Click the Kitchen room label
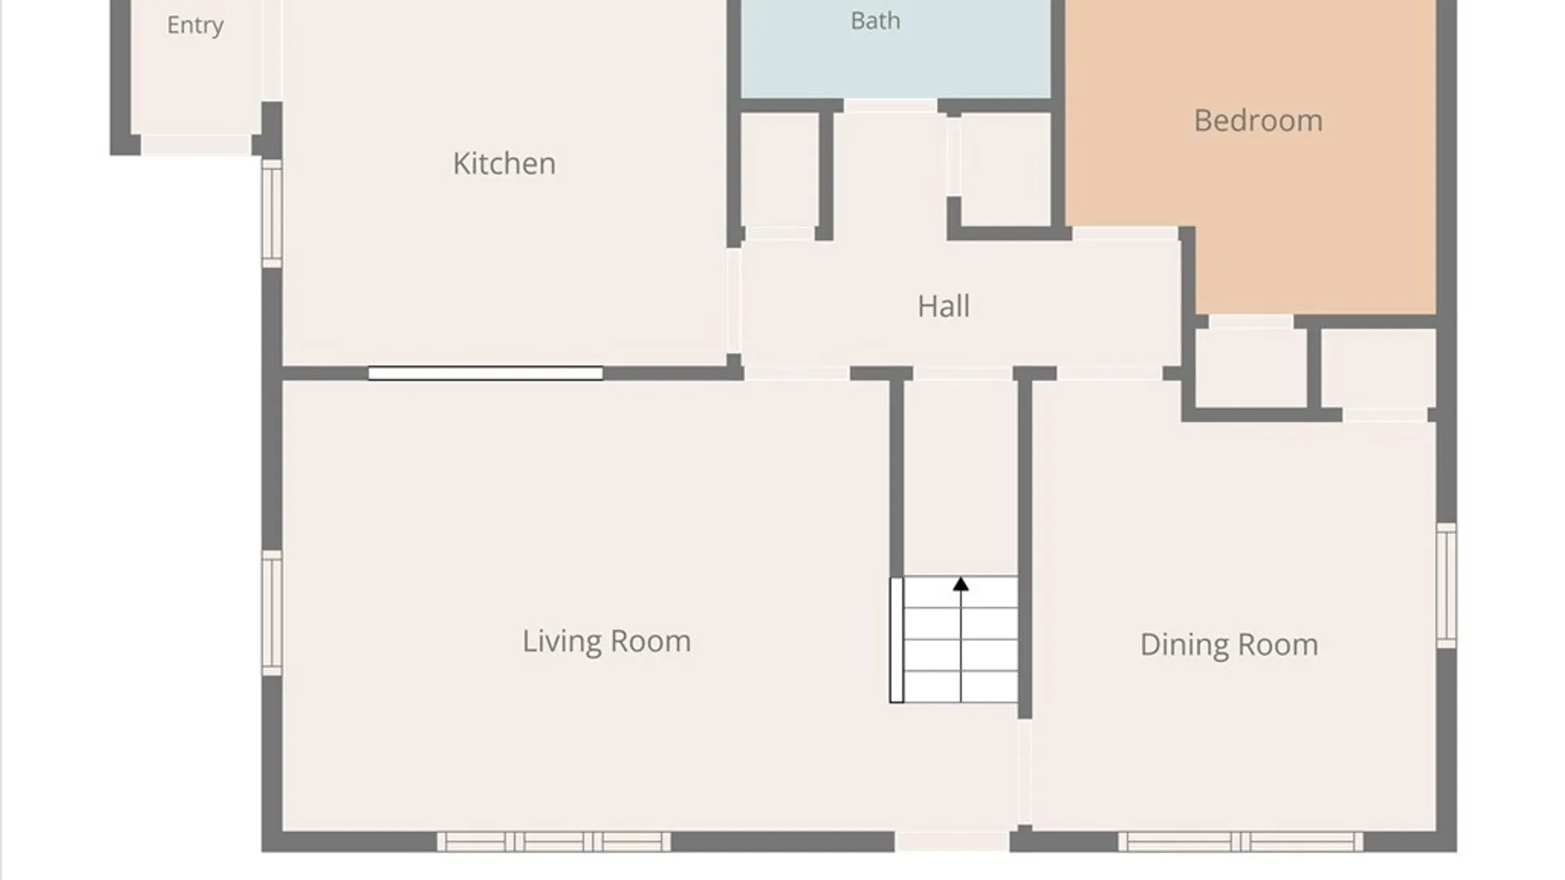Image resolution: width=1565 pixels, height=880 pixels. coord(505,164)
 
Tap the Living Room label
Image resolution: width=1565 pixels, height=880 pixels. coord(606,641)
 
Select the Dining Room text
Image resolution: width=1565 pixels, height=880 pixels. coord(1228,645)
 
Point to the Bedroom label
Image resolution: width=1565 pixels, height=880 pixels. coord(1258,121)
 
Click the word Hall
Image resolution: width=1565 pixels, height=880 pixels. coord(944,306)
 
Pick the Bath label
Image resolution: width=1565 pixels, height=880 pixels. coord(875,20)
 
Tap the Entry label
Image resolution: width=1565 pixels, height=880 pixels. coord(195,25)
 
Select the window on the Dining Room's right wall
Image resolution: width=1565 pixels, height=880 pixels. coord(1446,586)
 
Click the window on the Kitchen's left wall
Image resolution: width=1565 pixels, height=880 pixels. coord(272,213)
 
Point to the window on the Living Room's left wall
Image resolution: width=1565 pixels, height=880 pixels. coord(272,614)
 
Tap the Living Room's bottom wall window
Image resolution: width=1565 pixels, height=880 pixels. coord(553,842)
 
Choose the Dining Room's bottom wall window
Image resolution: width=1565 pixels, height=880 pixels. coord(1240,842)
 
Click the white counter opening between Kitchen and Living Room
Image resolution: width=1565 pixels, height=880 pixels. coord(485,373)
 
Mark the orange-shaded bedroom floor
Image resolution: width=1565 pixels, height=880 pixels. coord(1251,155)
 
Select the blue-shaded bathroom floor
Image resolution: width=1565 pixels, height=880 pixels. coord(896,49)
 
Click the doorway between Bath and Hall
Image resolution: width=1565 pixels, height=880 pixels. coord(890,106)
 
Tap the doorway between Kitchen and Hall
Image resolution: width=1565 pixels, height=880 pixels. coord(734,301)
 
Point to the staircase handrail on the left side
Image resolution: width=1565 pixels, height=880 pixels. coord(897,640)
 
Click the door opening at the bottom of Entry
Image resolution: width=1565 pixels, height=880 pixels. coord(196,145)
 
